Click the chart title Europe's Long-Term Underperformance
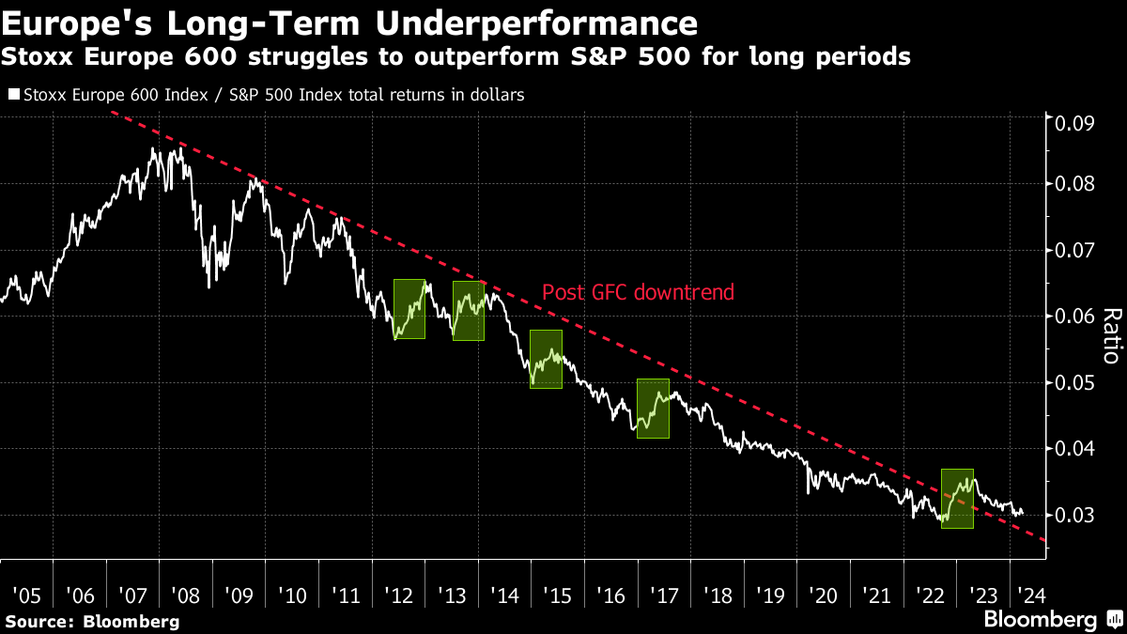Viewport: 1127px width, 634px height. point(350,22)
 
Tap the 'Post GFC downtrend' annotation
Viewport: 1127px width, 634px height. point(638,292)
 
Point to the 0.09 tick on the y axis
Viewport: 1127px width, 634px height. point(1074,123)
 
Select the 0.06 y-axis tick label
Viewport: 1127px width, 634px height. point(1074,317)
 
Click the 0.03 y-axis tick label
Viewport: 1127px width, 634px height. point(1074,516)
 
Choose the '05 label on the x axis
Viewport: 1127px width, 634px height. point(26,595)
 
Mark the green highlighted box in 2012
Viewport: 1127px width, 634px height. point(409,309)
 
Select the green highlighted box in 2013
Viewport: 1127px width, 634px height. point(469,311)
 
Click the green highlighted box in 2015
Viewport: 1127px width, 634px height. point(547,359)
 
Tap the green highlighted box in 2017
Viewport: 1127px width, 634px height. point(653,409)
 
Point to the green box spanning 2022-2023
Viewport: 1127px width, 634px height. point(957,498)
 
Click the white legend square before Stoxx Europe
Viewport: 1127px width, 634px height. point(13,95)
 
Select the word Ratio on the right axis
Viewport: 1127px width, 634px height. point(1109,335)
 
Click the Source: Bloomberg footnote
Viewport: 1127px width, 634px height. point(92,621)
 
